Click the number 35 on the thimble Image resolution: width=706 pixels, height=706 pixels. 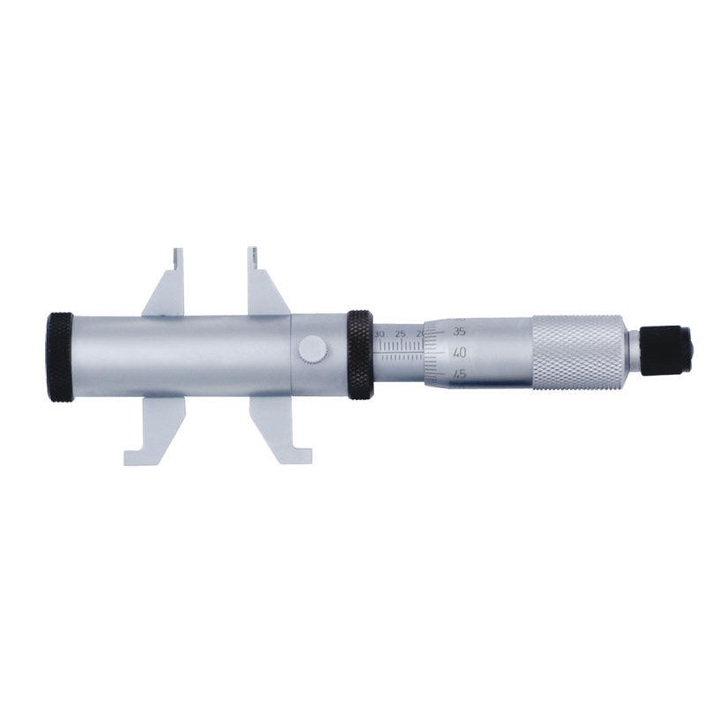pyautogui.click(x=458, y=331)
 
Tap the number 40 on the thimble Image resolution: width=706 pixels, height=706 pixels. pyautogui.click(x=459, y=352)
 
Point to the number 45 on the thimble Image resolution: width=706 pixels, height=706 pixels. pyautogui.click(x=459, y=373)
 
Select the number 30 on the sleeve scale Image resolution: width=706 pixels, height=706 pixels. pyautogui.click(x=379, y=334)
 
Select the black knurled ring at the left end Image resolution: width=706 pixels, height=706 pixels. pyautogui.click(x=60, y=356)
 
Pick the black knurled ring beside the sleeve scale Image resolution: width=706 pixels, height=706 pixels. pyautogui.click(x=359, y=354)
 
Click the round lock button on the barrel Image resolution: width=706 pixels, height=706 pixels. pyautogui.click(x=312, y=349)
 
